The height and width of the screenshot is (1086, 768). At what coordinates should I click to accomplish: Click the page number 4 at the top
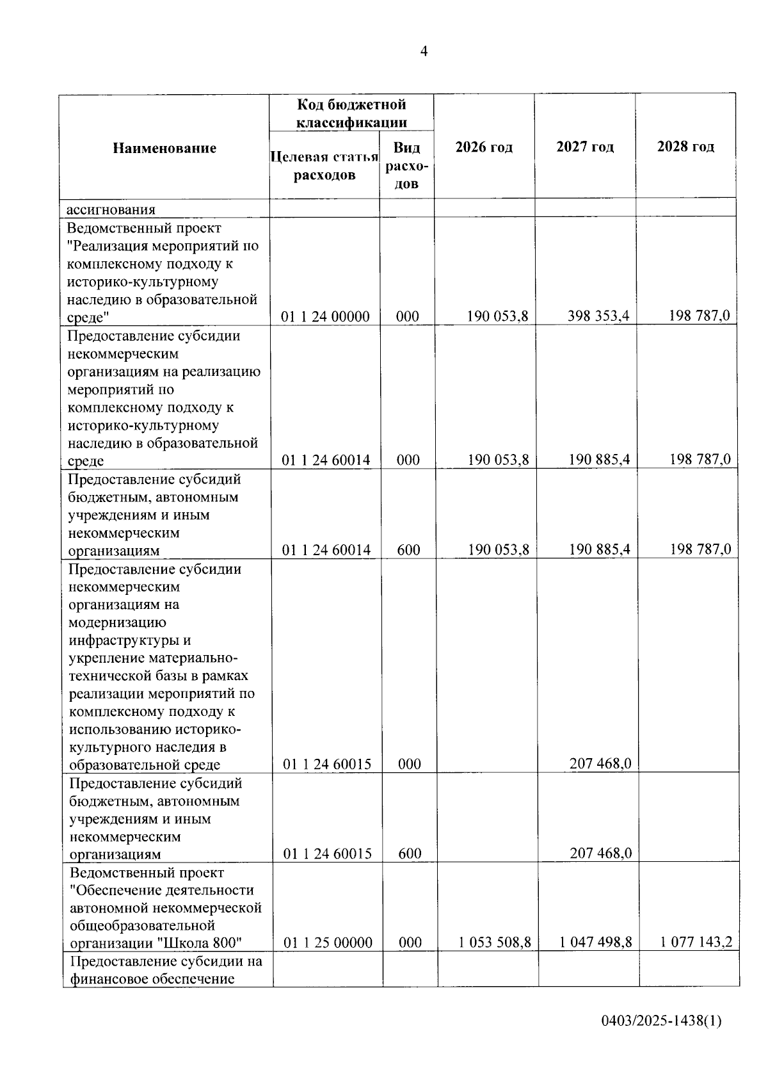(424, 52)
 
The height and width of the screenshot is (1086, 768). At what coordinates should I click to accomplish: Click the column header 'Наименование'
(164, 149)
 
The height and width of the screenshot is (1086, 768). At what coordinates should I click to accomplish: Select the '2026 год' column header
(484, 147)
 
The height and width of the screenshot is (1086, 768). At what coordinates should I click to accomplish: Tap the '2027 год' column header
(585, 147)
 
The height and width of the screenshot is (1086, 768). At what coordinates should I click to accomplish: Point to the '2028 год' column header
(685, 147)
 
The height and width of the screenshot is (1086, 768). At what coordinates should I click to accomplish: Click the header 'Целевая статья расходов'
(324, 166)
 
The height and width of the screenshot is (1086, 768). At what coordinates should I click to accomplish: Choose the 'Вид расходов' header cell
(406, 166)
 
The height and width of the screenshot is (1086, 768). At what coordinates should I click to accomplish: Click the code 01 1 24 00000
(326, 316)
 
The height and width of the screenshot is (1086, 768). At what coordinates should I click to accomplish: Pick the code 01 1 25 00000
(328, 943)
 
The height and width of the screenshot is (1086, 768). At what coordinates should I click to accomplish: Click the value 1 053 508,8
(495, 943)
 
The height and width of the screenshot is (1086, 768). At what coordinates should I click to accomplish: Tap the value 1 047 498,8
(595, 943)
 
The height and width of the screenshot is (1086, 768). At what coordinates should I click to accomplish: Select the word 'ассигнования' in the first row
(111, 209)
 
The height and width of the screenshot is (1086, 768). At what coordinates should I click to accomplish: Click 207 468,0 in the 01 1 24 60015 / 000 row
(600, 764)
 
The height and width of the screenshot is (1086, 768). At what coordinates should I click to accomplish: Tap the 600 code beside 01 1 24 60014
(408, 550)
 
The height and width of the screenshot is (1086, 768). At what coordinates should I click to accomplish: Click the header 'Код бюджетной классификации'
(351, 113)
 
